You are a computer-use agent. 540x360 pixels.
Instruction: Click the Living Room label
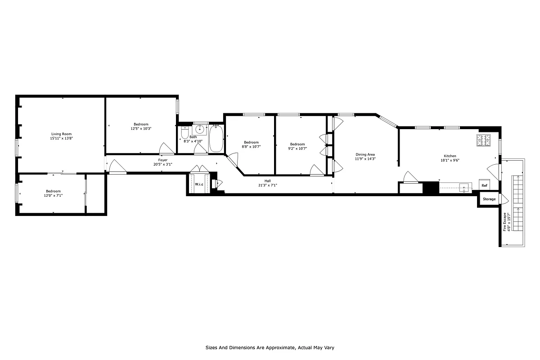click(x=61, y=134)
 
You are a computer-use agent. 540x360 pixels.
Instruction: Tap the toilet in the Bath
click(x=184, y=134)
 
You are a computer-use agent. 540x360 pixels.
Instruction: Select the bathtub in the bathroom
click(x=216, y=139)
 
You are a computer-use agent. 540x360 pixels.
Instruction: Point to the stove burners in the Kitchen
click(x=484, y=140)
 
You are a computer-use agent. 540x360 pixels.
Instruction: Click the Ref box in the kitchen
click(x=484, y=185)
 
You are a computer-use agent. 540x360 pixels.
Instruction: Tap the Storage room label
click(x=489, y=199)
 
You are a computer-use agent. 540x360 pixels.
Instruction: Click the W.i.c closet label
click(x=199, y=184)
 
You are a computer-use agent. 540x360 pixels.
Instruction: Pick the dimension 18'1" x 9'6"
click(x=450, y=160)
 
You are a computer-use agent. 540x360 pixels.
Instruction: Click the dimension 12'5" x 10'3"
click(x=141, y=129)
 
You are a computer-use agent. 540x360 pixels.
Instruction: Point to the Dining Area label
click(x=365, y=154)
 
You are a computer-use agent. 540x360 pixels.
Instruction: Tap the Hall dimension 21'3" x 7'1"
click(x=268, y=185)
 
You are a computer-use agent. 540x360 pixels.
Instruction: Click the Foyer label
click(x=163, y=160)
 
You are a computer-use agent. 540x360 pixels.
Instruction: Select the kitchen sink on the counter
click(x=463, y=189)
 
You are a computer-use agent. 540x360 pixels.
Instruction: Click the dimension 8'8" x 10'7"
click(x=251, y=147)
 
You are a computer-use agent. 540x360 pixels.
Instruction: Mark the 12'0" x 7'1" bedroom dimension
click(x=53, y=196)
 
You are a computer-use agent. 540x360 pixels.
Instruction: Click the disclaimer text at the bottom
click(x=270, y=347)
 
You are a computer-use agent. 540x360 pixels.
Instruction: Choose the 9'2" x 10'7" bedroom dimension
click(x=298, y=148)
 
